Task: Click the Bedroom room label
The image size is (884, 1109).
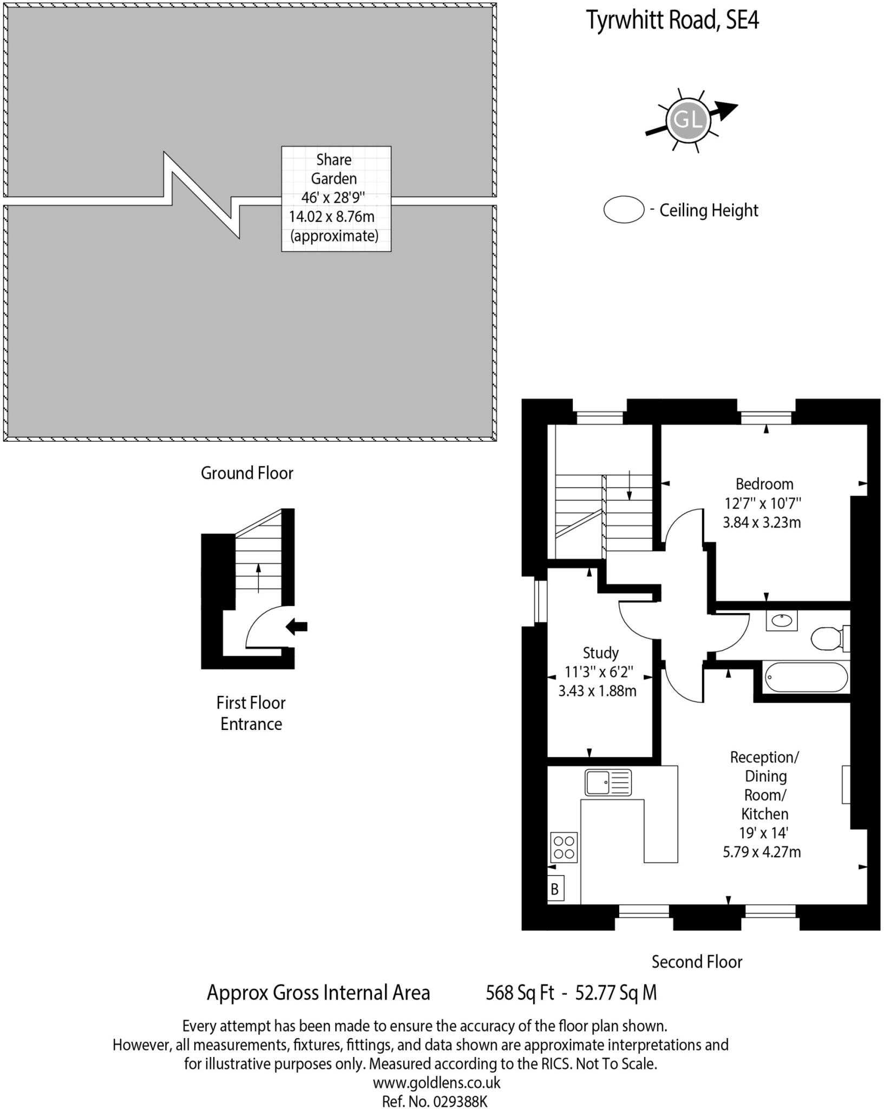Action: (764, 484)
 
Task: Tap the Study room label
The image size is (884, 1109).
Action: (600, 653)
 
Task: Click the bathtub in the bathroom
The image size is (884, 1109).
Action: (806, 677)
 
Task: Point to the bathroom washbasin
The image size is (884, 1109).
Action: (781, 621)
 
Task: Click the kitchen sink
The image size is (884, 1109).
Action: (608, 782)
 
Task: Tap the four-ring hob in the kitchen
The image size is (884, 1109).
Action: (564, 847)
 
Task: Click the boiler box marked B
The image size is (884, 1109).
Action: (555, 889)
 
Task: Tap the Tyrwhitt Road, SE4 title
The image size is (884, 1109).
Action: (673, 21)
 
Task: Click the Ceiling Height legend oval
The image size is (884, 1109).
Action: (624, 210)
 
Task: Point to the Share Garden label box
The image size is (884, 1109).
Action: (336, 198)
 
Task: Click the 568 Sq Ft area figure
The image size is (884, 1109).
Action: (520, 993)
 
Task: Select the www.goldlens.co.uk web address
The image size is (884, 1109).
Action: (436, 1082)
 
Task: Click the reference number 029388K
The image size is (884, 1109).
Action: (461, 1101)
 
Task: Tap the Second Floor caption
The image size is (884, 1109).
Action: (696, 962)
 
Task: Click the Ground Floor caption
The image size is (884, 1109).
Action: (247, 473)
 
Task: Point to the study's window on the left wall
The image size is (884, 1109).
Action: (540, 601)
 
